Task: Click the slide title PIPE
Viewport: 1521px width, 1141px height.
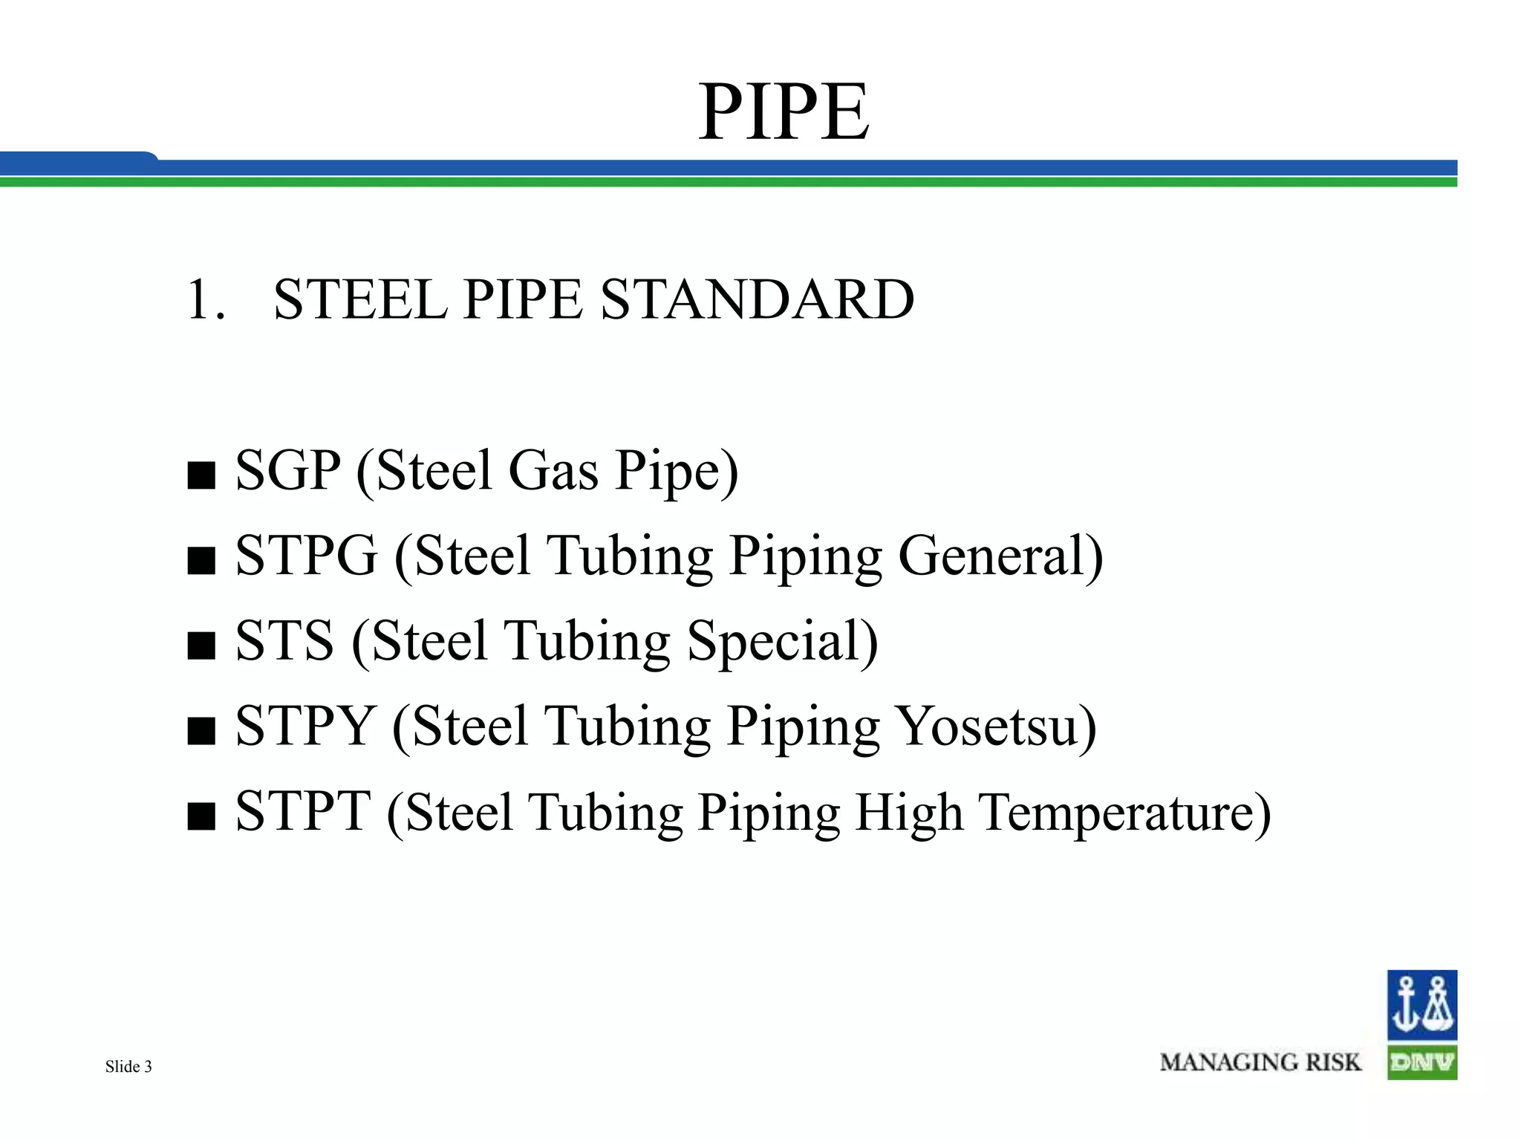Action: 784,112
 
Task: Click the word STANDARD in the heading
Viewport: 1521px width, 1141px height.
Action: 757,299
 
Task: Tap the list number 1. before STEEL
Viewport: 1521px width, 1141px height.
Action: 206,299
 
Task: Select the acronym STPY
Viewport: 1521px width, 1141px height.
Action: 304,726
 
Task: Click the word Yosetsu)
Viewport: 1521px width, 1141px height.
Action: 996,726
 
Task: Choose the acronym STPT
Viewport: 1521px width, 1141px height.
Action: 303,811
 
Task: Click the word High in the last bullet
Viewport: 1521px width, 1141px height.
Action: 909,811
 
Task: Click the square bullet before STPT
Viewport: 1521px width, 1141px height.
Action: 201,816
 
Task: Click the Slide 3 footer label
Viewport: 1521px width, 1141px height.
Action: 128,1067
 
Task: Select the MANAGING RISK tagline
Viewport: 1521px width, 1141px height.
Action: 1260,1062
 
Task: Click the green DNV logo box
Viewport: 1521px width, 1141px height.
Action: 1421,1062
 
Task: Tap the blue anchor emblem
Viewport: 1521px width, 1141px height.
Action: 1421,1005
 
